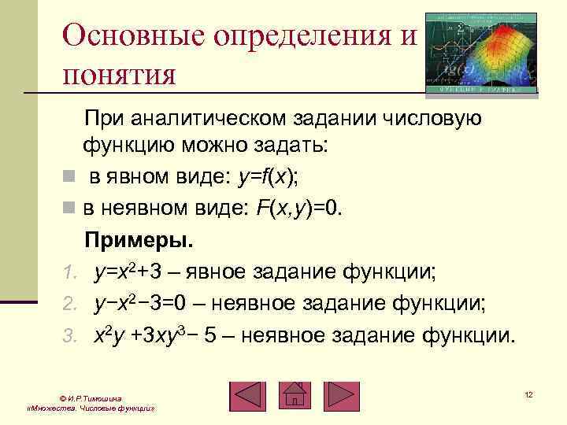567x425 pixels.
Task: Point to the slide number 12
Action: click(x=528, y=393)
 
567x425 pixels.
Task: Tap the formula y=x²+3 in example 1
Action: click(x=129, y=272)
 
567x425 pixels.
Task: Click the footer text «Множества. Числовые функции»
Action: click(x=90, y=410)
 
